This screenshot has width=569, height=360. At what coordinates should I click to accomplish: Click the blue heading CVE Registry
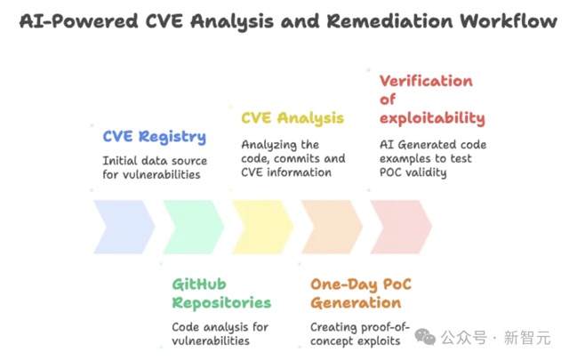pyautogui.click(x=155, y=137)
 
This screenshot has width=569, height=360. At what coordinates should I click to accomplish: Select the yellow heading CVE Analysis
pyautogui.click(x=293, y=118)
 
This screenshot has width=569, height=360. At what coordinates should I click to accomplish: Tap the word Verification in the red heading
pyautogui.click(x=426, y=81)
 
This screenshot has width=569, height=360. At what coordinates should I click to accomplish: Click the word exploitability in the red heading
pyautogui.click(x=432, y=119)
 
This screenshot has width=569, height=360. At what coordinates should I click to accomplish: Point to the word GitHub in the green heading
pyautogui.click(x=199, y=284)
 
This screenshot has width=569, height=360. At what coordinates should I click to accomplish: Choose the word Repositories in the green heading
pyautogui.click(x=221, y=303)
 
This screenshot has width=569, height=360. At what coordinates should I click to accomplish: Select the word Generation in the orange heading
pyautogui.click(x=356, y=302)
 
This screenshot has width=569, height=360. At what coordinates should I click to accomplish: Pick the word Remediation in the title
pyautogui.click(x=389, y=20)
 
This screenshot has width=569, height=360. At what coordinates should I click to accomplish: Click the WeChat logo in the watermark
pyautogui.click(x=425, y=337)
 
